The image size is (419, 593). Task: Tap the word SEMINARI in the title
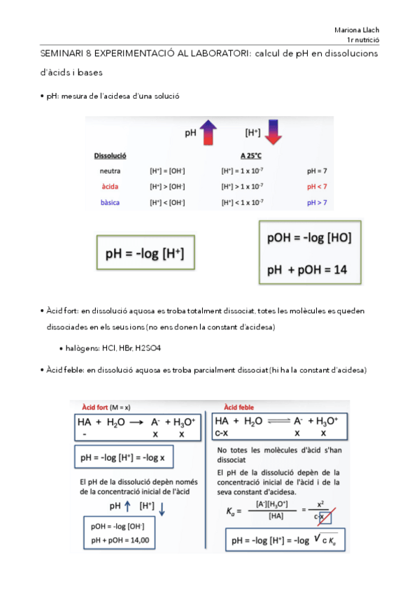(62, 53)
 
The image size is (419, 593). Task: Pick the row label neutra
(111, 170)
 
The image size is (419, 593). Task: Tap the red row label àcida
(111, 186)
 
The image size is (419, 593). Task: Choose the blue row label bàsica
(111, 202)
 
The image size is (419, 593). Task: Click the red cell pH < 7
(317, 186)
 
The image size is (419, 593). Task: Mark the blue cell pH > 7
(317, 202)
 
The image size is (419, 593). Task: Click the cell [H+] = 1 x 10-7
(242, 170)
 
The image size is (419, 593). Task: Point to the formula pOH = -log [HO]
(309, 238)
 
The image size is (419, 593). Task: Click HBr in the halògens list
(121, 348)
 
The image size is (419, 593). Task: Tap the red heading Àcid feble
(238, 407)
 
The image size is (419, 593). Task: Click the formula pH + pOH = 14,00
(120, 540)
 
